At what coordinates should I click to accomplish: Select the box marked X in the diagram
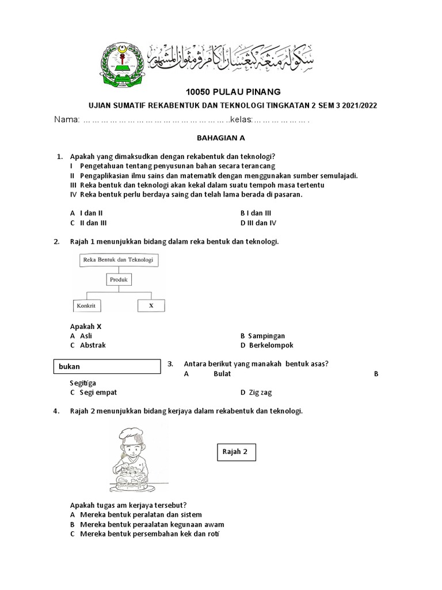click(151, 305)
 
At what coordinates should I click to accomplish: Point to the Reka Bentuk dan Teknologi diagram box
click(119, 260)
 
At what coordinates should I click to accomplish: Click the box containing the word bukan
click(107, 366)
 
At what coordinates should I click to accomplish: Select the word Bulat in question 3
click(222, 373)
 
